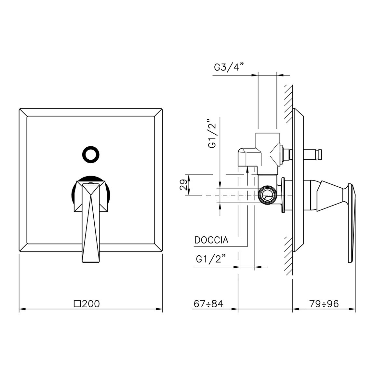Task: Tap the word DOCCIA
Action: [x=211, y=240]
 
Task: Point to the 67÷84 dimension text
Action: [x=208, y=304]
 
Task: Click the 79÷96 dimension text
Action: [x=324, y=304]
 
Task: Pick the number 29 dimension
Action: [x=183, y=185]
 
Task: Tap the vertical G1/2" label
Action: [x=212, y=133]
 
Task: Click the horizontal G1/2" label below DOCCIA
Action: [x=211, y=259]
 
